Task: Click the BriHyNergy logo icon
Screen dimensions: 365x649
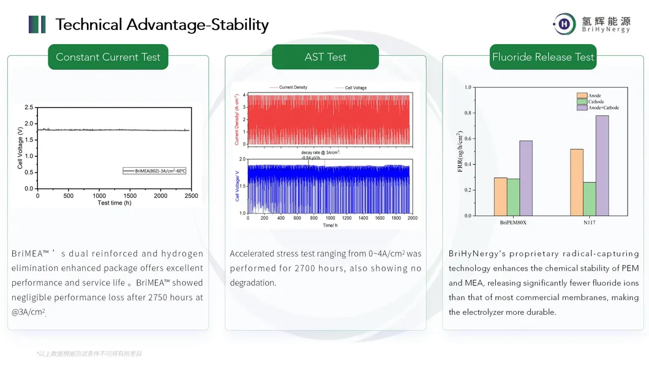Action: pyautogui.click(x=564, y=24)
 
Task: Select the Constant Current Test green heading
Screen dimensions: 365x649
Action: pyautogui.click(x=108, y=57)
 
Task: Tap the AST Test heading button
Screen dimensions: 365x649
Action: pyautogui.click(x=325, y=57)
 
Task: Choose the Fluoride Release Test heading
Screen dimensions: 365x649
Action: pyautogui.click(x=543, y=57)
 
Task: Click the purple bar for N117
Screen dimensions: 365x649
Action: pyautogui.click(x=602, y=165)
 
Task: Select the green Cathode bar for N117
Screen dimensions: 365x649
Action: pyautogui.click(x=589, y=198)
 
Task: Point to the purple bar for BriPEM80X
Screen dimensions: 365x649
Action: pyautogui.click(x=526, y=178)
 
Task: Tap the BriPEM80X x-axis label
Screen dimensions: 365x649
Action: pyautogui.click(x=513, y=223)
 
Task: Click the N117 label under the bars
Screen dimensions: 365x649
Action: pyautogui.click(x=589, y=223)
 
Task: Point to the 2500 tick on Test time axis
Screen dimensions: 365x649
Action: pyautogui.click(x=191, y=196)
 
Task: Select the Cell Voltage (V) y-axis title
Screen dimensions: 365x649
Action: pyautogui.click(x=20, y=148)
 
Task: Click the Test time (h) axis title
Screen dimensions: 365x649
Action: pyautogui.click(x=114, y=203)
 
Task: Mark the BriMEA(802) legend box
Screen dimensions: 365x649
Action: pyautogui.click(x=154, y=171)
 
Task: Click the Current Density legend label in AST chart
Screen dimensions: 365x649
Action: pyautogui.click(x=293, y=88)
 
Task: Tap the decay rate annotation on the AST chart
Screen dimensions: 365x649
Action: pyautogui.click(x=320, y=154)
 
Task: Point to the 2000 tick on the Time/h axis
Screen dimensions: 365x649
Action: pyautogui.click(x=412, y=218)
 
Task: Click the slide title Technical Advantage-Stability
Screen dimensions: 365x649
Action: pyautogui.click(x=162, y=24)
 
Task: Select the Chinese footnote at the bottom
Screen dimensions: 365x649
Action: pyautogui.click(x=89, y=353)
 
